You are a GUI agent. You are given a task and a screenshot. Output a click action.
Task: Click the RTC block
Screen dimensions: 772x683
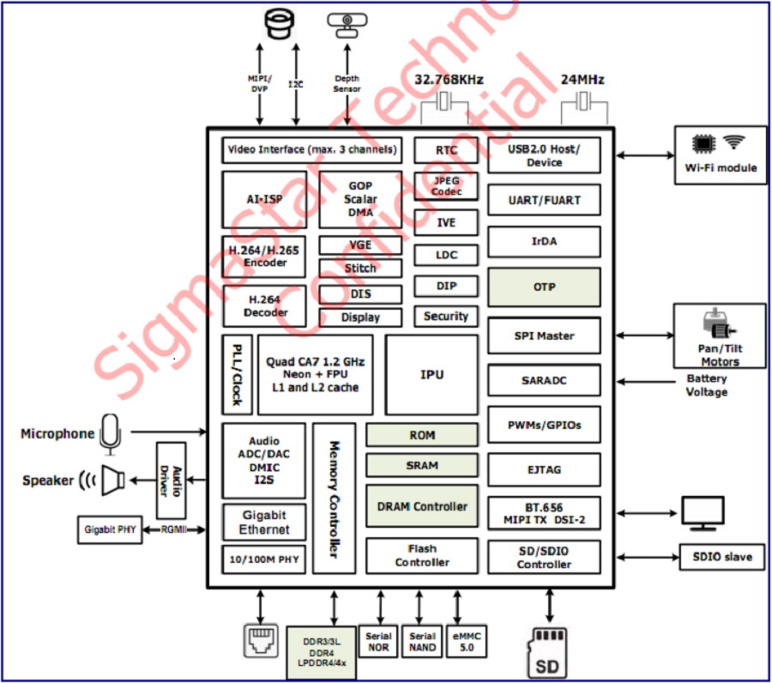coord(446,150)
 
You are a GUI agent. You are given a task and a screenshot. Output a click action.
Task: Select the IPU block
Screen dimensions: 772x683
coord(431,375)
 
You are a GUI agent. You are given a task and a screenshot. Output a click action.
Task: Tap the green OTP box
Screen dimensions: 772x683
coord(544,287)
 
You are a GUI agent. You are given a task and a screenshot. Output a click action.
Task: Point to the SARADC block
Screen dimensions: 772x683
coord(544,380)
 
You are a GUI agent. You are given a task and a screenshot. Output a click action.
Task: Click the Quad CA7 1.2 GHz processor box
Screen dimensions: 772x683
coord(315,375)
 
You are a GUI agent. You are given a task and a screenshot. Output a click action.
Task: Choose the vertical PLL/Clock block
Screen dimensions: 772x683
coord(238,375)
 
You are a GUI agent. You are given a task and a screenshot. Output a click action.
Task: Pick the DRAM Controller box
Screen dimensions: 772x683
coord(422,506)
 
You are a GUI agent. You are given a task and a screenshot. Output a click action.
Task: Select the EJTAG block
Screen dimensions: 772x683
coord(544,470)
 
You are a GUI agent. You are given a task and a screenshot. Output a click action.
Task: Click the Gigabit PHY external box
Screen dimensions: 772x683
coord(110,530)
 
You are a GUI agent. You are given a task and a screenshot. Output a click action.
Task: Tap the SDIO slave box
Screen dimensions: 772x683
coord(722,557)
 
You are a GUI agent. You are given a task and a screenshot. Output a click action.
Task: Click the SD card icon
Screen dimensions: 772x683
coord(548,653)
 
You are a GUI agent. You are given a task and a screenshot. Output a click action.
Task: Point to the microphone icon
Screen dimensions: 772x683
coord(110,434)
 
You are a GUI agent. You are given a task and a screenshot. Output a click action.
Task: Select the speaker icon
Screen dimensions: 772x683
coord(112,481)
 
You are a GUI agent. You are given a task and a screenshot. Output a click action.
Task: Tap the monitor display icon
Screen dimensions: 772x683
coord(703,514)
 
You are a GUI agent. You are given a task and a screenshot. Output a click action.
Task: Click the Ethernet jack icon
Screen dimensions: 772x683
coord(261,641)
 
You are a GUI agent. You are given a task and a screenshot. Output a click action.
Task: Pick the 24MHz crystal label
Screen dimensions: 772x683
coord(582,80)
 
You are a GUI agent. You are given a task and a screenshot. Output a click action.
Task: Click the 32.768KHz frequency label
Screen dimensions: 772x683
coord(449,80)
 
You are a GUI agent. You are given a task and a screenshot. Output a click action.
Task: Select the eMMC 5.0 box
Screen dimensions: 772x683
coord(467,642)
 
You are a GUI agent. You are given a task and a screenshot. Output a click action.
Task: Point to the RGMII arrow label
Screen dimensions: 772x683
coord(174,530)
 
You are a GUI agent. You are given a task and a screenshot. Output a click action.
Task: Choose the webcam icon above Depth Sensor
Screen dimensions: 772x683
coord(347,25)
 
